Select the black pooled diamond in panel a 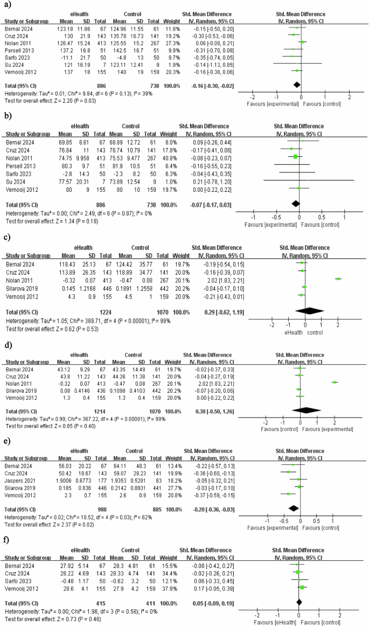tap(296, 85)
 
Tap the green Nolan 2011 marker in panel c tap(338, 279)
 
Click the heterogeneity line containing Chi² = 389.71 tap(70, 319)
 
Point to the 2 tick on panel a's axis tap(349, 97)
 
